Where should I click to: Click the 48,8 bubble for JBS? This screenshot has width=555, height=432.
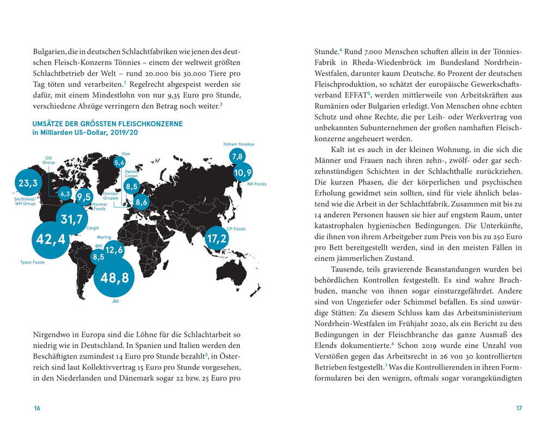tap(115, 278)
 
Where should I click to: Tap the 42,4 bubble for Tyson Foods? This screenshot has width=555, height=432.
tap(51, 239)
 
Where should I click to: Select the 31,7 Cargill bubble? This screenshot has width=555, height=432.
tap(71, 219)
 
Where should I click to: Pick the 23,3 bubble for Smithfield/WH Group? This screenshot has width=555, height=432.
tap(28, 183)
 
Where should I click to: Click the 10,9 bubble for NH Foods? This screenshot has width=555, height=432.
tap(243, 173)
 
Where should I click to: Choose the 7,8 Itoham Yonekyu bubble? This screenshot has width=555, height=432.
tap(237, 157)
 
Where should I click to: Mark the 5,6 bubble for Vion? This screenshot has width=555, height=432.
tap(120, 162)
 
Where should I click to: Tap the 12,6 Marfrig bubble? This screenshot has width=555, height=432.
tap(114, 250)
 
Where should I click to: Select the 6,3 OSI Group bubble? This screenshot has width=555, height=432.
tap(65, 194)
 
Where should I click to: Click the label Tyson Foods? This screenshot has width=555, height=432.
tap(32, 262)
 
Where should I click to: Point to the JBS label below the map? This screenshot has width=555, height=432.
tap(115, 301)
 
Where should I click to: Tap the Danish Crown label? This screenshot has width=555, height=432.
tap(131, 174)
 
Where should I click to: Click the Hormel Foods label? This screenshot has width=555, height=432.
tap(100, 206)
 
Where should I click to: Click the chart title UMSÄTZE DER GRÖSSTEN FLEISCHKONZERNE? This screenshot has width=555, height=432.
tap(108, 124)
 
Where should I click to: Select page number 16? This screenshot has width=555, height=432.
tap(37, 409)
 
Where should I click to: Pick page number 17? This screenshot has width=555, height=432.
tap(519, 409)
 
